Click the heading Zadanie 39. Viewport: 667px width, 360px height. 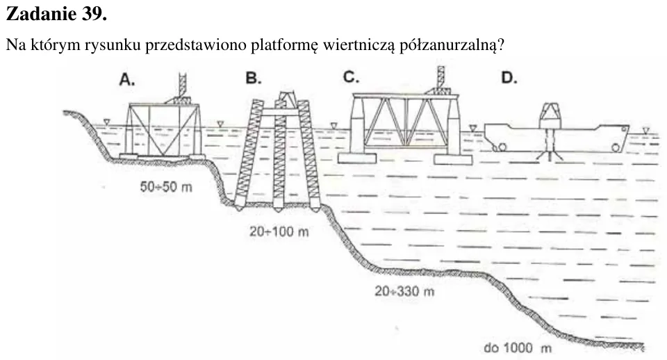pyautogui.click(x=56, y=14)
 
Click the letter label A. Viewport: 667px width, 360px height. pyautogui.click(x=127, y=79)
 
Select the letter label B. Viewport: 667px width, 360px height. pyautogui.click(x=254, y=79)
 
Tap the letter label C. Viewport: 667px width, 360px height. pyautogui.click(x=352, y=77)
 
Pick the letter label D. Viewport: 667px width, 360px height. pyautogui.click(x=509, y=78)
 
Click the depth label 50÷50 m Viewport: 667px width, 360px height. pyautogui.click(x=166, y=186)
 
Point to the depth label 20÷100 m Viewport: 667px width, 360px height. pyautogui.click(x=279, y=231)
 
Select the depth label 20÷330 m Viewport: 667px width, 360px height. pyautogui.click(x=404, y=291)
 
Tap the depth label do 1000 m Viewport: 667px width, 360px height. pyautogui.click(x=518, y=347)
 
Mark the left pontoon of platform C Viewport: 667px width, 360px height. pyautogui.click(x=357, y=158)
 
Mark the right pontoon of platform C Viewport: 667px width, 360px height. pyautogui.click(x=453, y=159)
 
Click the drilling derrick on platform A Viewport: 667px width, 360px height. pyautogui.click(x=181, y=88)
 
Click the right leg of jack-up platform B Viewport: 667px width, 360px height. pyautogui.click(x=308, y=156)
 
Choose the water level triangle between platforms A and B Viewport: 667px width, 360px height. pyautogui.click(x=220, y=124)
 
